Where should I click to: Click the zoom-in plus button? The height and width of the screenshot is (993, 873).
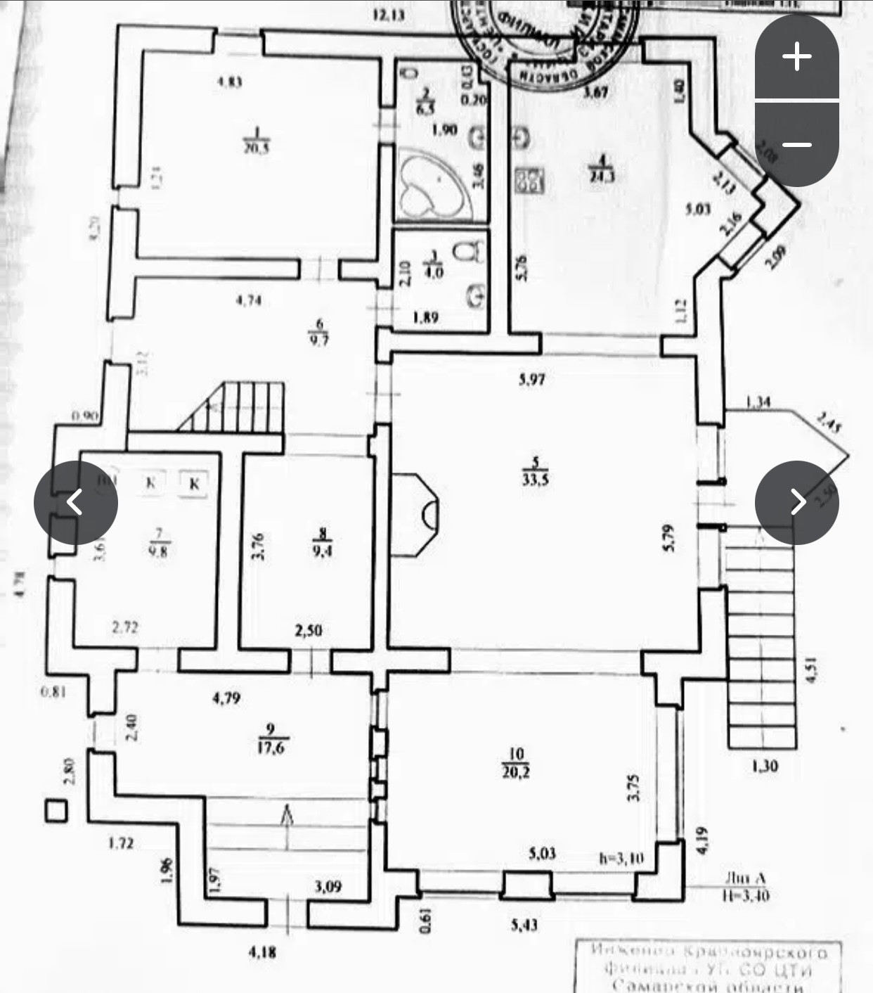click(x=796, y=56)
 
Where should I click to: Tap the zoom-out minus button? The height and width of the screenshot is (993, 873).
click(x=796, y=145)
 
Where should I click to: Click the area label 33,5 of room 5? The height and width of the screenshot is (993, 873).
click(x=535, y=480)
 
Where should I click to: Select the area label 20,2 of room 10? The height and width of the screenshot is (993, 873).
click(x=516, y=772)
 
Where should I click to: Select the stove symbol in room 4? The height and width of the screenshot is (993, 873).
click(x=531, y=181)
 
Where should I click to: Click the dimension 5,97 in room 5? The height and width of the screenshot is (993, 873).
click(x=531, y=380)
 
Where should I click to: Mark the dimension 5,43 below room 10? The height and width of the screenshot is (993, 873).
click(x=524, y=925)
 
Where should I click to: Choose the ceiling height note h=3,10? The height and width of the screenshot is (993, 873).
click(x=621, y=858)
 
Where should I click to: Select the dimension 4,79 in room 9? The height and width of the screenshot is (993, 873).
click(x=226, y=698)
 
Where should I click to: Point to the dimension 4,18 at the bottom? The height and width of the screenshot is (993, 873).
click(x=262, y=953)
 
